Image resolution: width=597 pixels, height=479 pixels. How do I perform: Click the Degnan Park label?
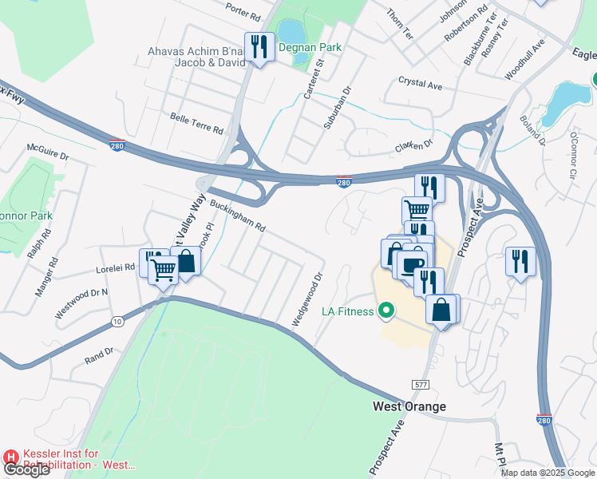[x=310, y=48]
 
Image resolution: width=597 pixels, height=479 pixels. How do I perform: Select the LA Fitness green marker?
[x=387, y=311]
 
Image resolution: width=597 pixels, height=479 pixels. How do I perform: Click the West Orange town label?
[x=409, y=406]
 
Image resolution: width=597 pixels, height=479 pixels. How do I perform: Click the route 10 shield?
[x=117, y=321]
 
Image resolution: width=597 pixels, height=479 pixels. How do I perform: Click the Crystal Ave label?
[x=421, y=84]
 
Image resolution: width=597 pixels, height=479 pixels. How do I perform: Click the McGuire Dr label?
[x=48, y=152]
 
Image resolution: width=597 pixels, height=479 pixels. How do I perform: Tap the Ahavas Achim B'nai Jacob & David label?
[x=196, y=57]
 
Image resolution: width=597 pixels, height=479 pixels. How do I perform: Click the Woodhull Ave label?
[x=524, y=59]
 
